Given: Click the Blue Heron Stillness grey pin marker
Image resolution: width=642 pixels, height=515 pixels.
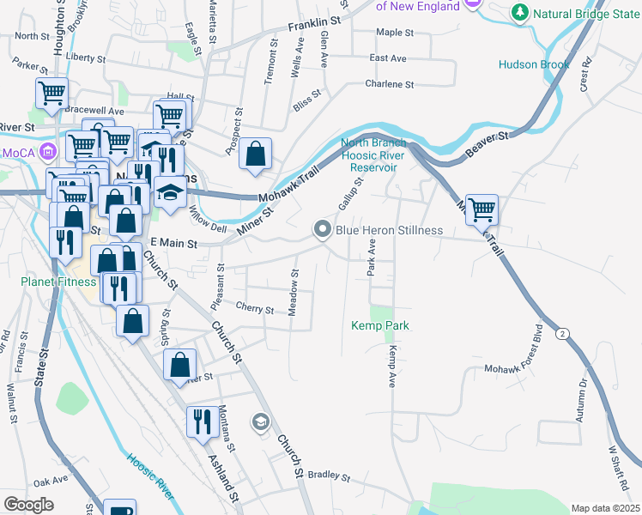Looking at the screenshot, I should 323,229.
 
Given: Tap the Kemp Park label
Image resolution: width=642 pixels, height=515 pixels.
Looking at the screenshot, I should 379,326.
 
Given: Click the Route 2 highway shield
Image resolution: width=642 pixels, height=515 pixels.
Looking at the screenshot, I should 562,333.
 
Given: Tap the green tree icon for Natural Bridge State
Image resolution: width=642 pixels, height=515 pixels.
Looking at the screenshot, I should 519,13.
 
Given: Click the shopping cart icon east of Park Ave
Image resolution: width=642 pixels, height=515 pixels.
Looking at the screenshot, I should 482,209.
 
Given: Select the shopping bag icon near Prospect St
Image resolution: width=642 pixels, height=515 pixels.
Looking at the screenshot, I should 256,154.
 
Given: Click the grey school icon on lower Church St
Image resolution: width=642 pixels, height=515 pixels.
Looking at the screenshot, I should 260,421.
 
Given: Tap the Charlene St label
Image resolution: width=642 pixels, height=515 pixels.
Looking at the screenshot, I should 389,85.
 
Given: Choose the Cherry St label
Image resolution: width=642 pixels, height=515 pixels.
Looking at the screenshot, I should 254,308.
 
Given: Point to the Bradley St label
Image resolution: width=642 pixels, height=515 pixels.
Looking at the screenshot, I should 330,475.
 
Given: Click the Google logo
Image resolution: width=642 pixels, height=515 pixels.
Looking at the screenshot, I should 28,505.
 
